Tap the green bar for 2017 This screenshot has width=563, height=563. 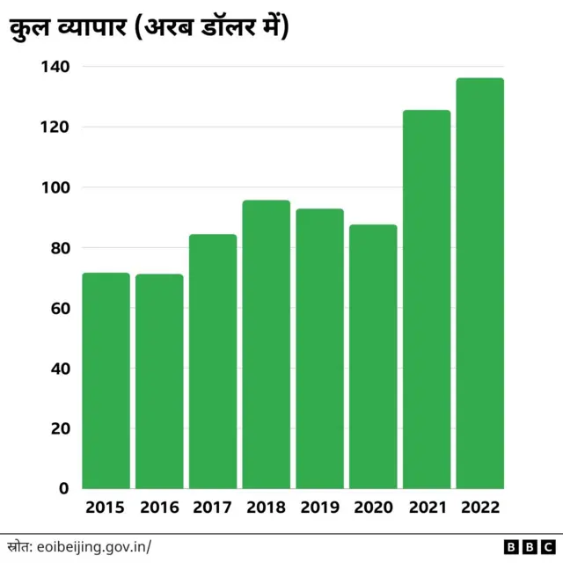pyautogui.click(x=213, y=361)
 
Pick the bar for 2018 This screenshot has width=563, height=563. pyautogui.click(x=267, y=344)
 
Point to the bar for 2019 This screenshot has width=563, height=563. pyautogui.click(x=319, y=348)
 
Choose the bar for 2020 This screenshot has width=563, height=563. pyautogui.click(x=373, y=356)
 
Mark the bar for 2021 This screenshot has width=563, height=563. pyautogui.click(x=427, y=299)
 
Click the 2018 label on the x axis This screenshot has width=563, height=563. pyautogui.click(x=267, y=508)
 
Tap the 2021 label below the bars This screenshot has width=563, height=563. pyautogui.click(x=427, y=508)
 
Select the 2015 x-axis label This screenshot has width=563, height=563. pyautogui.click(x=106, y=508)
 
